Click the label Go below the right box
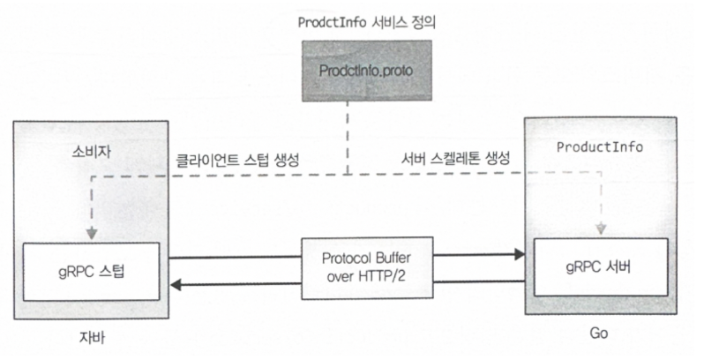coord(599,334)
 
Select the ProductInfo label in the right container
coord(599,146)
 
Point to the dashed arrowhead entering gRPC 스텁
coord(90,234)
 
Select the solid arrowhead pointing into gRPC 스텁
coord(176,284)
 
